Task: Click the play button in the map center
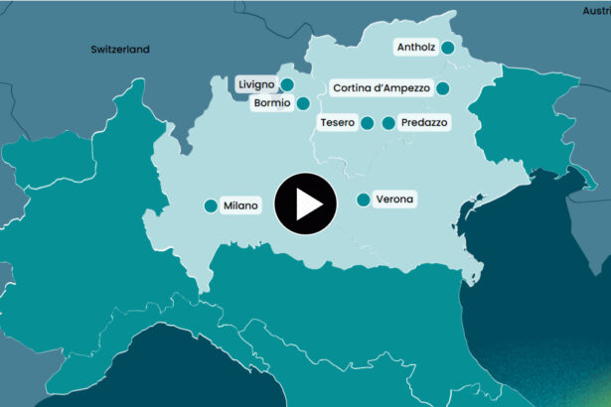(x=305, y=203)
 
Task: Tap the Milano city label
(x=240, y=205)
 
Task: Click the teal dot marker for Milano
(x=211, y=205)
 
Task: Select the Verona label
(x=394, y=200)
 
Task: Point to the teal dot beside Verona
(x=363, y=200)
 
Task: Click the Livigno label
(x=254, y=84)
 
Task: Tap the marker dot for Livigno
(x=287, y=84)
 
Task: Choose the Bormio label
(x=271, y=102)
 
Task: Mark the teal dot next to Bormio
(x=303, y=102)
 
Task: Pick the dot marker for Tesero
(x=367, y=123)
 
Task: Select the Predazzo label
(x=423, y=123)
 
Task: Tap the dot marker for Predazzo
(x=388, y=123)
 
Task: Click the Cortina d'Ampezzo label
(x=382, y=88)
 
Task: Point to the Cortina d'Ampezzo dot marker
(x=443, y=88)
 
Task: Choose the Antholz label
(x=414, y=47)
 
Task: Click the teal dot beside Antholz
(x=448, y=47)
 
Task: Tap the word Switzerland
(x=119, y=49)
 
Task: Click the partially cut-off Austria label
(x=596, y=10)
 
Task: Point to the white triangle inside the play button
(x=308, y=203)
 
